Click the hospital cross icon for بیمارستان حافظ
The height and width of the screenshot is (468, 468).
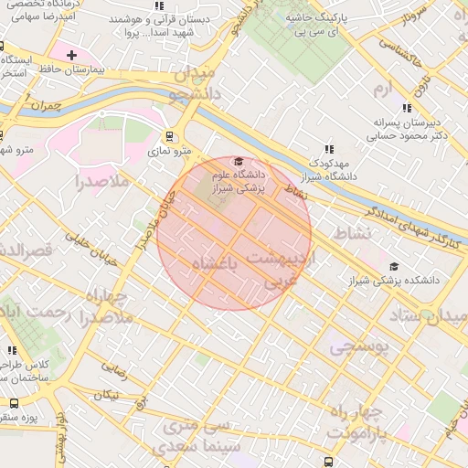[71, 56]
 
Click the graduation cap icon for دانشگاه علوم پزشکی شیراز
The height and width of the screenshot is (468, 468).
[239, 161]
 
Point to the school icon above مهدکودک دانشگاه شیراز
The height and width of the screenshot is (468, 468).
[329, 149]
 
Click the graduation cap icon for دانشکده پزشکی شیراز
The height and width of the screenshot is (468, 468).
[393, 266]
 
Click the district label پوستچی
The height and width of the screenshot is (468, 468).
[359, 346]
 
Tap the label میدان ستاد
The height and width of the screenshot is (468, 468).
[428, 315]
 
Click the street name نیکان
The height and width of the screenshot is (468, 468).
[107, 395]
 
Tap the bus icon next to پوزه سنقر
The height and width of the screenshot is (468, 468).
[13, 403]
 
